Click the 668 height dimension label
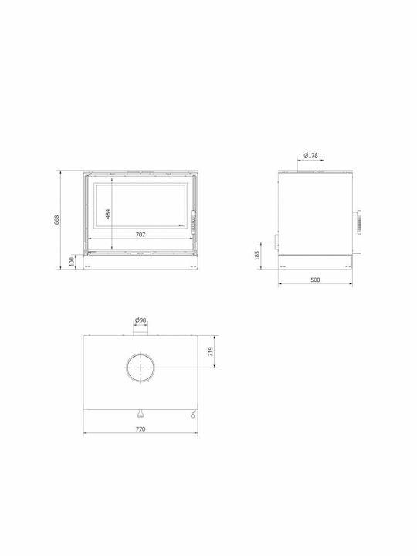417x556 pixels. tap(56, 219)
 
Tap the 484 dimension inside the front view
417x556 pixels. tap(108, 213)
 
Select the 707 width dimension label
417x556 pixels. tap(141, 235)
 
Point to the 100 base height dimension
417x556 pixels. tap(72, 262)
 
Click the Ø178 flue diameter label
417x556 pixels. tap(311, 155)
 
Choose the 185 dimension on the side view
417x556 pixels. tap(257, 256)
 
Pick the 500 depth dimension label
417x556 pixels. tap(315, 280)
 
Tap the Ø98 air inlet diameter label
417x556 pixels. tap(141, 320)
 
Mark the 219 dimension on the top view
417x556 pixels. tap(211, 351)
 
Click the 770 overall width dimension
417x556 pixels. tap(141, 429)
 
